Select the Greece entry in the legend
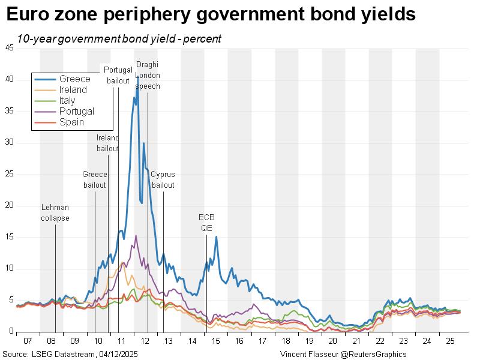tap(74, 79)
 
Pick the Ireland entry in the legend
tap(73, 90)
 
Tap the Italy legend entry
tap(67, 101)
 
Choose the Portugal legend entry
tap(76, 112)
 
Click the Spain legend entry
tap(71, 122)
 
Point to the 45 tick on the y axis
tap(9, 49)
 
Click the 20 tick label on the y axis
tap(9, 205)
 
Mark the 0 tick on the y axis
tap(11, 331)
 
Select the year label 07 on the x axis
tap(28, 341)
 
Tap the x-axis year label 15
tap(215, 341)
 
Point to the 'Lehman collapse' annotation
tap(55, 213)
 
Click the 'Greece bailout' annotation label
tap(94, 180)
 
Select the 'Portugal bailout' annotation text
tap(118, 75)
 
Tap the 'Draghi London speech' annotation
tap(148, 75)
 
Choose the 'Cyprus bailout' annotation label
tap(163, 180)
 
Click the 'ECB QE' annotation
tap(206, 223)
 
